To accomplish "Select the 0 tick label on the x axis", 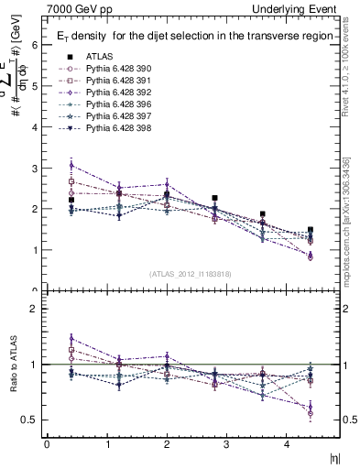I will pyautogui.click(x=47, y=445).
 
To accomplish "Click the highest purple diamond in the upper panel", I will pyautogui.click(x=71, y=165).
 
